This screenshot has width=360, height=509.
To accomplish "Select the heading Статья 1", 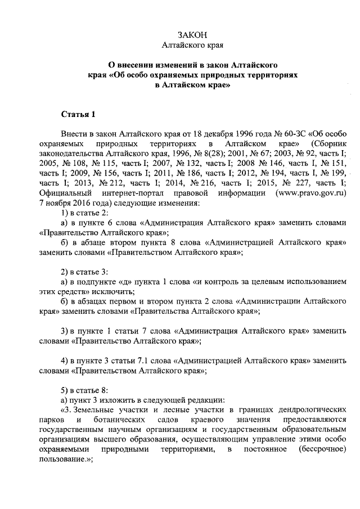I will point(78,115).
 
